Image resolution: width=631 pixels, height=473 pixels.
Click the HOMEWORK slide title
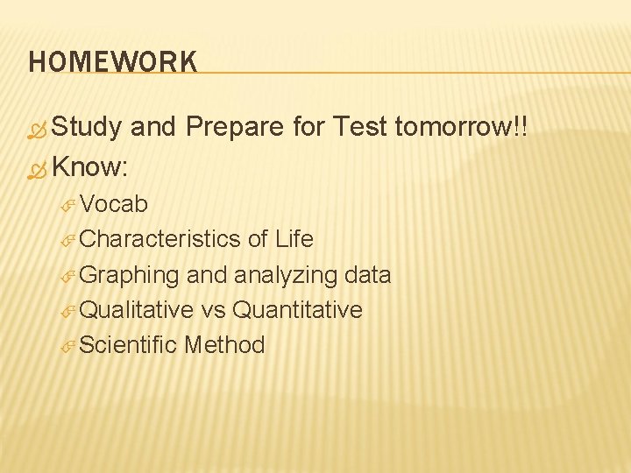pyautogui.click(x=112, y=61)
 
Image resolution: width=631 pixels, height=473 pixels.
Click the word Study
pyautogui.click(x=87, y=128)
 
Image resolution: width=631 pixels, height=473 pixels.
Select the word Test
pyautogui.click(x=360, y=128)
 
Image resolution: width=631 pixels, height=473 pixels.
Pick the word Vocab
pyautogui.click(x=113, y=204)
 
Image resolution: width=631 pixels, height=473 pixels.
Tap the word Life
pyautogui.click(x=294, y=239)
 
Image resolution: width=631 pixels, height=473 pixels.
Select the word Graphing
pyautogui.click(x=129, y=275)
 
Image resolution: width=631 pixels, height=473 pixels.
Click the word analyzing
pyautogui.click(x=286, y=275)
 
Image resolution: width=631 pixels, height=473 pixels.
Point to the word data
pyautogui.click(x=367, y=275)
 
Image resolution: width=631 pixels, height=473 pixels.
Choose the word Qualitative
pyautogui.click(x=136, y=310)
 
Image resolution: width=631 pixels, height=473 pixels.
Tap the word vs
pyautogui.click(x=213, y=310)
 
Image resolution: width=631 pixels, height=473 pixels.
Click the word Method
pyautogui.click(x=224, y=345)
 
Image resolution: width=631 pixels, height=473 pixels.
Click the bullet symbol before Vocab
pyautogui.click(x=69, y=206)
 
